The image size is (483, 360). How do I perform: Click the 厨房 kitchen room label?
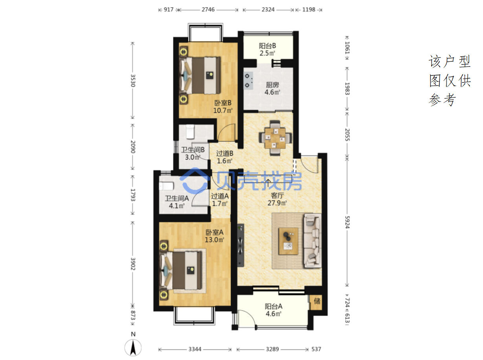[x=272, y=84]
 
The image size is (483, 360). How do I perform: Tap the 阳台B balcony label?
[x=267, y=46]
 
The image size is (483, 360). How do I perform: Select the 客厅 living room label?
[x=277, y=195]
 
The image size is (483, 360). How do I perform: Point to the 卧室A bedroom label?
[x=214, y=232]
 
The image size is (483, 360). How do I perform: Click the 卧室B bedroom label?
[x=223, y=103]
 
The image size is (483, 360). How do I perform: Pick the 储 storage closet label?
[x=317, y=301]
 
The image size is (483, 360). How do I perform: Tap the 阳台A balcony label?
[x=273, y=306]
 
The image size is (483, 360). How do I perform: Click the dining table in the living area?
[x=275, y=138]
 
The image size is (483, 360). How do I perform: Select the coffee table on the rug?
[x=288, y=241]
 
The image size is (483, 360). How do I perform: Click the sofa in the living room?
[x=312, y=240]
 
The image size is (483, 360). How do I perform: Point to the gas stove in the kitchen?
[x=248, y=81]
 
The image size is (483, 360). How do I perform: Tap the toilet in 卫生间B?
[x=190, y=132]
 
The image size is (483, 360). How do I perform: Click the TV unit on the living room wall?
[x=240, y=245]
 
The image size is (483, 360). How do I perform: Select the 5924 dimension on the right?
[x=347, y=222]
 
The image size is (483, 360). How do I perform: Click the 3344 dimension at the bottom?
[x=195, y=349]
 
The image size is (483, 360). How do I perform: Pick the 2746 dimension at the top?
[x=208, y=10]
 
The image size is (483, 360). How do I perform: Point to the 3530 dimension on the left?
[x=133, y=81]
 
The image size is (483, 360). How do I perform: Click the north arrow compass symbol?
[x=133, y=348]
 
